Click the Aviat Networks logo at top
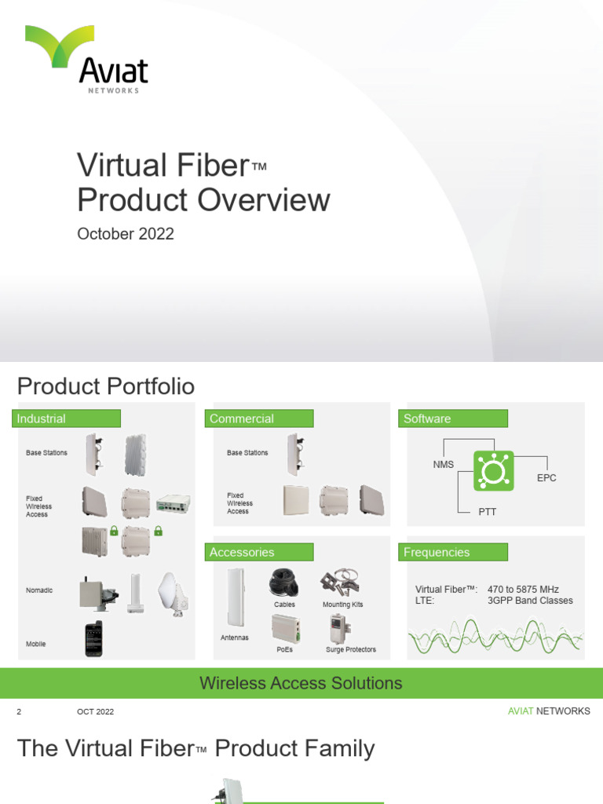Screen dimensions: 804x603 point(86,59)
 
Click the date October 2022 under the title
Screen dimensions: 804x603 point(125,234)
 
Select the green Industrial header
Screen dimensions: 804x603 point(66,418)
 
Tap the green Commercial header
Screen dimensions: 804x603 point(259,418)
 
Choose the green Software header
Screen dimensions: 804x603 point(453,418)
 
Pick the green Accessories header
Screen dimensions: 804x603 point(259,552)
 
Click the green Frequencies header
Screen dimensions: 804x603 point(453,552)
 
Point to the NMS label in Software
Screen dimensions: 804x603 point(444,464)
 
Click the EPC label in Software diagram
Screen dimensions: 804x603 point(546,477)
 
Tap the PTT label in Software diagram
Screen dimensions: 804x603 point(488,512)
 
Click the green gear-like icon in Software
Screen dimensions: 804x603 point(493,471)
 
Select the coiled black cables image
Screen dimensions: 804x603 point(285,583)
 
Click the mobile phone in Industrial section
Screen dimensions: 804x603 point(93,638)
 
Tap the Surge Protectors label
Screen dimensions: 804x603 point(351,649)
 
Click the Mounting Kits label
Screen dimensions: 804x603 point(343,605)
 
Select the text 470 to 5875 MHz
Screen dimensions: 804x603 point(523,589)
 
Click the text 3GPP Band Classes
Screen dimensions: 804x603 point(530,601)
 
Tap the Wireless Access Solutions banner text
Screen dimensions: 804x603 point(301,683)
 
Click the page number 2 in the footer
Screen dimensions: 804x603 point(19,711)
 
